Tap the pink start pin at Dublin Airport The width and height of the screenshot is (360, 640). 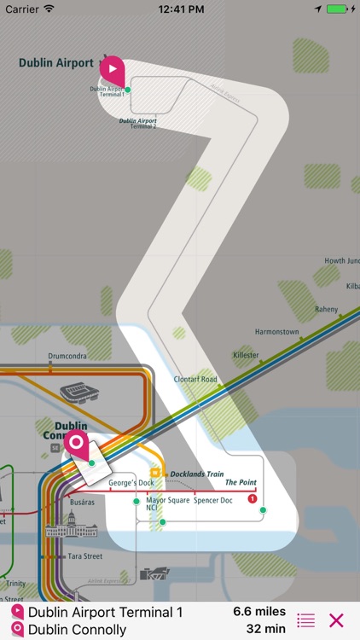pyautogui.click(x=113, y=67)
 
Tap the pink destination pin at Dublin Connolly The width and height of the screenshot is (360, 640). pyautogui.click(x=75, y=444)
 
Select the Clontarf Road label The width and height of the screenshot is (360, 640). pyautogui.click(x=195, y=380)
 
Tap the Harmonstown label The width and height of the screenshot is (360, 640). pyautogui.click(x=276, y=331)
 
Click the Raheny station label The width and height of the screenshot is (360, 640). pyautogui.click(x=326, y=310)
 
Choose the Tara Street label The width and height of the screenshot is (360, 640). pyautogui.click(x=85, y=556)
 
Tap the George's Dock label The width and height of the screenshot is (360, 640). pyautogui.click(x=131, y=484)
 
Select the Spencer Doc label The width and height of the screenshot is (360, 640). pyautogui.click(x=212, y=499)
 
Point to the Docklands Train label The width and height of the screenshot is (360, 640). pyautogui.click(x=196, y=474)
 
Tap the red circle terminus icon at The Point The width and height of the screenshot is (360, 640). pyautogui.click(x=252, y=498)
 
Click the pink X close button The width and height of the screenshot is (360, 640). pyautogui.click(x=336, y=620)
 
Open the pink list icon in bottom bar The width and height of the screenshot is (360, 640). pyautogui.click(x=305, y=620)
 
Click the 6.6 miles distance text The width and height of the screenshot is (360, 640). pyautogui.click(x=259, y=611)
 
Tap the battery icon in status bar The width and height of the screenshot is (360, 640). pyautogui.click(x=339, y=9)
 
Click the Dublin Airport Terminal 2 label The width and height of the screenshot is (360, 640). pyautogui.click(x=137, y=122)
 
